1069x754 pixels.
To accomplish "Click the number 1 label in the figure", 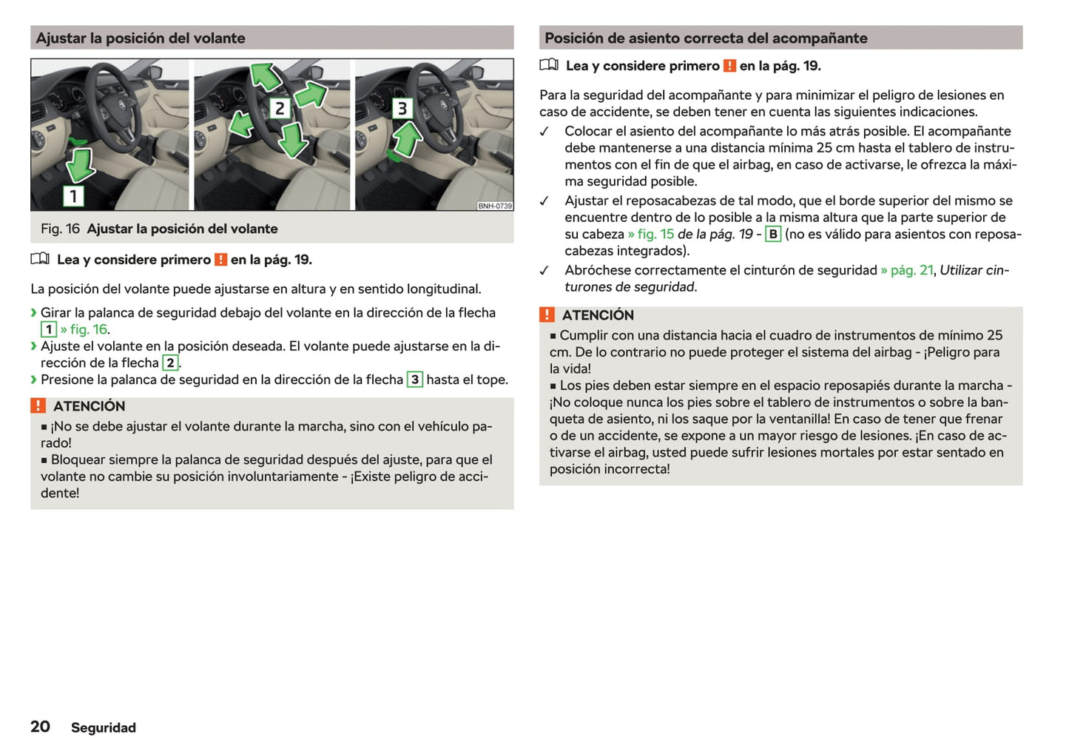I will click(x=73, y=196).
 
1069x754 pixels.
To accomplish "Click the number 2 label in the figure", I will click(x=279, y=109).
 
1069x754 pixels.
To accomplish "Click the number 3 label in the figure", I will click(x=402, y=109).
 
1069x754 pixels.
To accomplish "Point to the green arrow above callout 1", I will click(x=79, y=164).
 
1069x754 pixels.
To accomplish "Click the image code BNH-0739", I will click(x=494, y=206).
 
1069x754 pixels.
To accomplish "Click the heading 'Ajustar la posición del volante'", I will click(x=141, y=38).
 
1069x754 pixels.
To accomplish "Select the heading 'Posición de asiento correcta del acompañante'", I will click(x=706, y=38).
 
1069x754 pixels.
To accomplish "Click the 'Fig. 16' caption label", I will click(x=60, y=229).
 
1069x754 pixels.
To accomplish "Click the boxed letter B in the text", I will click(x=772, y=235).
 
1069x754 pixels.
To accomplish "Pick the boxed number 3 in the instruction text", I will click(x=415, y=380).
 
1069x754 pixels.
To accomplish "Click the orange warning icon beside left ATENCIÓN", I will click(x=38, y=406).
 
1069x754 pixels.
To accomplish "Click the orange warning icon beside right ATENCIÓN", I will click(x=547, y=315).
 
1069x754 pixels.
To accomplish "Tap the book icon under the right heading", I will click(x=549, y=65).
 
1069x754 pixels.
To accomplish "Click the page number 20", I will click(x=40, y=727).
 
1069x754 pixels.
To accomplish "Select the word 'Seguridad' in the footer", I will click(x=104, y=728).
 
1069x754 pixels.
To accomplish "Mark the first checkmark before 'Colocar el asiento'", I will click(x=544, y=132).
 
